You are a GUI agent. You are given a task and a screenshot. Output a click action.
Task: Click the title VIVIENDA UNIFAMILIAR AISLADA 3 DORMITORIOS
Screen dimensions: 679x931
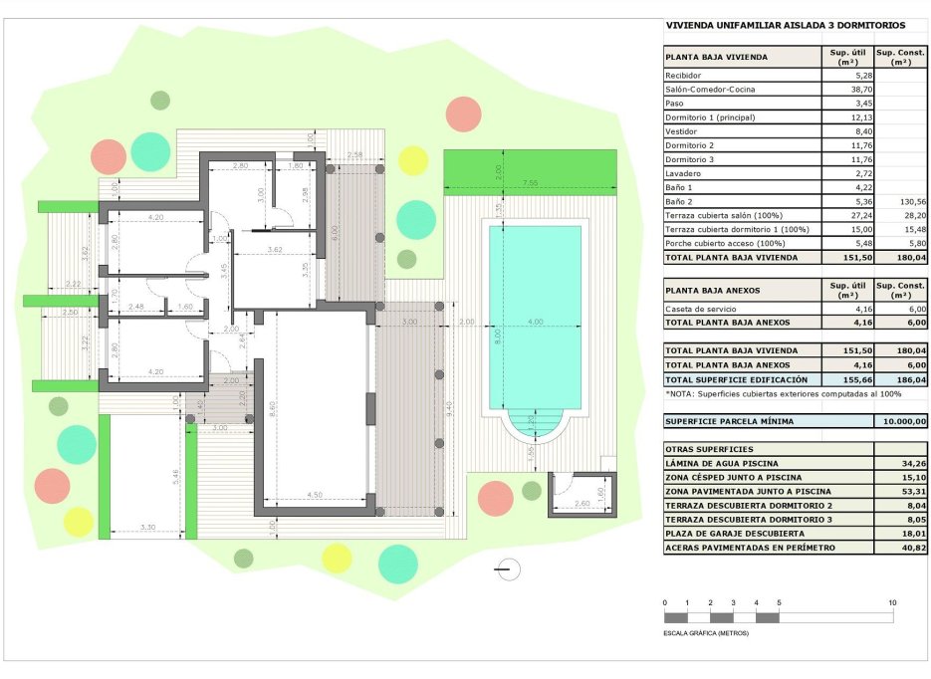(x=784, y=25)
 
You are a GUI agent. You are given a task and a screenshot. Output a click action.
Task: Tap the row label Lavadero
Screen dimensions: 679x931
(x=682, y=173)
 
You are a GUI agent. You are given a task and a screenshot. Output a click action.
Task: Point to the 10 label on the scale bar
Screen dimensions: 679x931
(x=892, y=603)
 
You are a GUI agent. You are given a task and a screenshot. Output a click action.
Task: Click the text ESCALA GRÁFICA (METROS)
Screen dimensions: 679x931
(x=706, y=633)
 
